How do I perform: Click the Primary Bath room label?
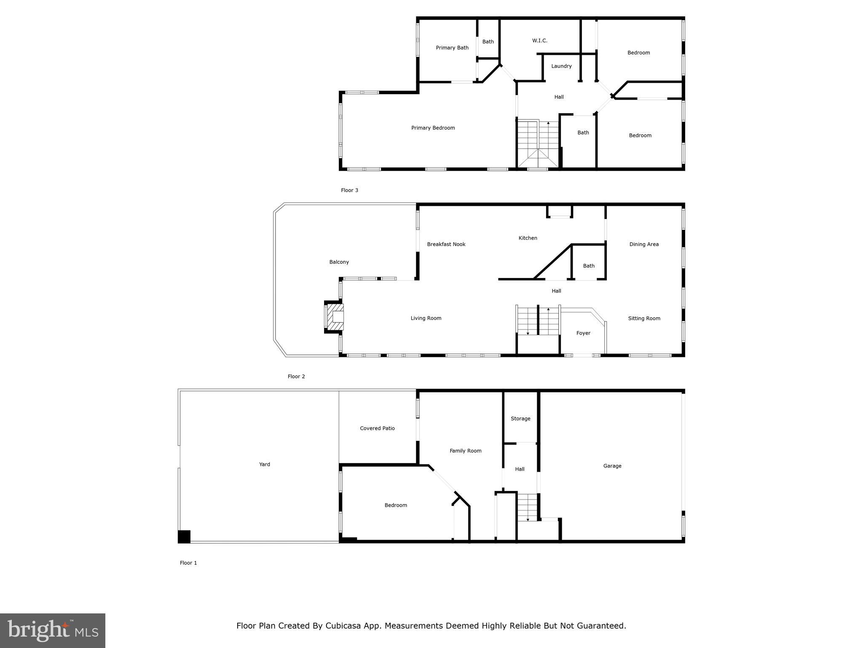click(x=452, y=48)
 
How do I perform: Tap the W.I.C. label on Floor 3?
click(x=539, y=40)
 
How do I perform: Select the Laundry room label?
click(x=561, y=66)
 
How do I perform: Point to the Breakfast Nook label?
click(x=446, y=244)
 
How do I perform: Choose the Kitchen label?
click(x=528, y=238)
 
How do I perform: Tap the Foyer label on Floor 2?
click(x=583, y=333)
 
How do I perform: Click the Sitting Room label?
click(x=644, y=319)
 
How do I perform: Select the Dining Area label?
click(x=644, y=244)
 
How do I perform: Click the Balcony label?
click(x=339, y=262)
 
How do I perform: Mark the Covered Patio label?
click(x=377, y=428)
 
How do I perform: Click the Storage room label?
click(x=520, y=418)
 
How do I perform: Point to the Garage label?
click(x=612, y=466)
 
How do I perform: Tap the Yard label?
click(x=264, y=464)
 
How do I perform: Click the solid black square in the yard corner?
click(x=184, y=537)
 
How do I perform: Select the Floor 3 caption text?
click(x=349, y=190)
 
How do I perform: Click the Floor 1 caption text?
click(x=188, y=563)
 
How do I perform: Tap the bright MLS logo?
click(x=53, y=631)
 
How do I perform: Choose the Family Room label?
click(x=465, y=451)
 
